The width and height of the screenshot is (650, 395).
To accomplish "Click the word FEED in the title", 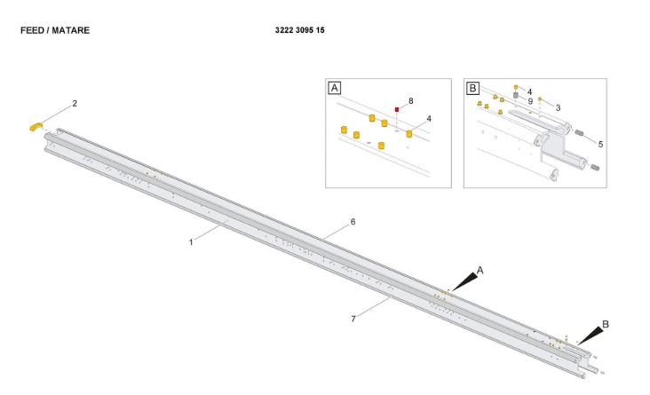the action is coord(31,30).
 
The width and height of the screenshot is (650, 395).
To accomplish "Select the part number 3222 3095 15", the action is coord(300,30).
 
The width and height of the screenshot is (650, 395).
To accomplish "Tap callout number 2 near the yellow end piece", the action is coord(75,103).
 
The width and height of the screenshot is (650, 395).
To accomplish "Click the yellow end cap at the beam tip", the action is coord(36,126).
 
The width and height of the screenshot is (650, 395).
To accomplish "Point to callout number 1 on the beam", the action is coord(191,242).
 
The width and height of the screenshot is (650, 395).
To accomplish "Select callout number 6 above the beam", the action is coord(353,222).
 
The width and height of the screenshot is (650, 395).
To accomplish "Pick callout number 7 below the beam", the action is coord(353,319).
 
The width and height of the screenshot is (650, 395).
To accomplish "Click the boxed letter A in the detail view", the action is coord(334,88).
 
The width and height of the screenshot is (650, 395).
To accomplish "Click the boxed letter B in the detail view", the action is coord(472,88).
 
